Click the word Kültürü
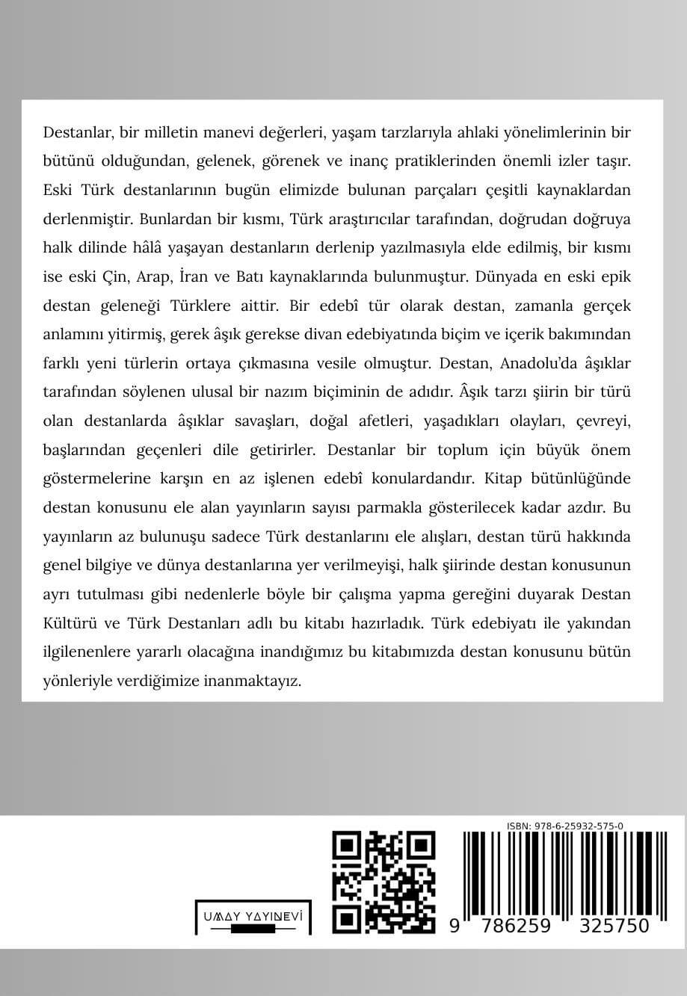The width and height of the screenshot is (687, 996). (73, 622)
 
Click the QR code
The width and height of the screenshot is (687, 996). (383, 882)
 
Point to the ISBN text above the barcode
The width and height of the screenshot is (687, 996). (564, 826)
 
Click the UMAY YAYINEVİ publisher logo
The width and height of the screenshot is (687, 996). (253, 918)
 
